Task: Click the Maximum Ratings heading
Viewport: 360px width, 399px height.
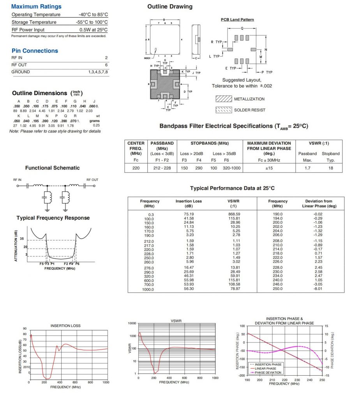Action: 36,7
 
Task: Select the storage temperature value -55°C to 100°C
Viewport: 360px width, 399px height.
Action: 92,22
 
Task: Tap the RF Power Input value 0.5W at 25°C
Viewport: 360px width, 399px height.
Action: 94,30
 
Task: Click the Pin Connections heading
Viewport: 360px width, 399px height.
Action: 35,51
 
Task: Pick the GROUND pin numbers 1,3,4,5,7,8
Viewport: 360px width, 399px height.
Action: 98,72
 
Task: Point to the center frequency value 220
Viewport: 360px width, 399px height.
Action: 136,168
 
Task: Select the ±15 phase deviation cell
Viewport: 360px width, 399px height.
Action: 269,168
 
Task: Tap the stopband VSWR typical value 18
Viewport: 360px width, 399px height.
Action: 330,168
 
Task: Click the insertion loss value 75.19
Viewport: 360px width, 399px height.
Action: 189,214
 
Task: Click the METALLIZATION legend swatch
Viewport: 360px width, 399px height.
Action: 224,99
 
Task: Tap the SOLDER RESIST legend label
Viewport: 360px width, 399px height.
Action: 249,110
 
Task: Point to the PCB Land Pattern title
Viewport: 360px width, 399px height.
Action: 237,20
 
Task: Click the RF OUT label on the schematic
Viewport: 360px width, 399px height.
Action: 92,180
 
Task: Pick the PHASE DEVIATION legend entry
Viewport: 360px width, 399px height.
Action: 268,372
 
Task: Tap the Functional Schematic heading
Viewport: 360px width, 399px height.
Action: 52,168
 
